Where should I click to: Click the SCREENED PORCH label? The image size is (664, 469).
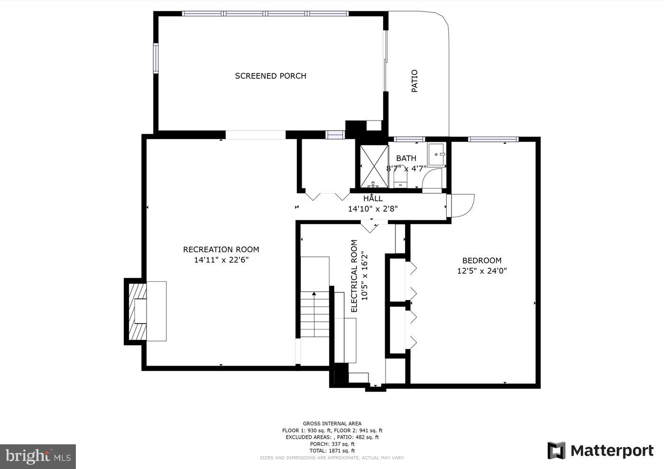pyautogui.click(x=270, y=76)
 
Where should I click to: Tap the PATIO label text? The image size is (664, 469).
pyautogui.click(x=415, y=81)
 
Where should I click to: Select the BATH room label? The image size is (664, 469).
pyautogui.click(x=406, y=158)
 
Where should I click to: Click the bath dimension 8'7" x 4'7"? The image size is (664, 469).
pyautogui.click(x=406, y=168)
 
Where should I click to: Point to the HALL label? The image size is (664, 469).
pyautogui.click(x=373, y=198)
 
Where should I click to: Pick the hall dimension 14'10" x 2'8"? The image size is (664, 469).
pyautogui.click(x=373, y=208)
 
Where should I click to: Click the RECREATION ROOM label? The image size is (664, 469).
pyautogui.click(x=221, y=250)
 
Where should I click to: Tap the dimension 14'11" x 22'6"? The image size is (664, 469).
pyautogui.click(x=221, y=260)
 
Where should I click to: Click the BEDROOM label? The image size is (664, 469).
pyautogui.click(x=482, y=261)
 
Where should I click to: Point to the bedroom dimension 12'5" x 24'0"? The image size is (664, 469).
pyautogui.click(x=482, y=271)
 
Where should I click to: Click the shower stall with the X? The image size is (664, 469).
pyautogui.click(x=374, y=166)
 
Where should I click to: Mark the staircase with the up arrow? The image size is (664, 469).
pyautogui.click(x=314, y=313)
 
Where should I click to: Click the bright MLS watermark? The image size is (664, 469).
pyautogui.click(x=38, y=457)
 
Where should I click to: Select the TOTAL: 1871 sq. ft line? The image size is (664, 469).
pyautogui.click(x=332, y=450)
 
